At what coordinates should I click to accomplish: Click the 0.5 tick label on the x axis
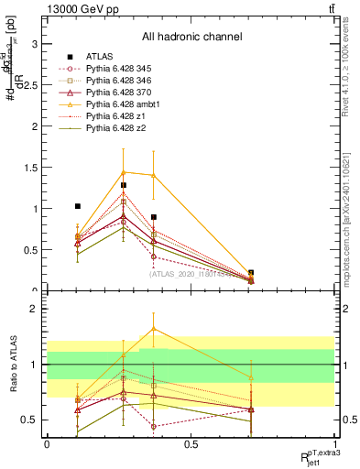click(x=191, y=445)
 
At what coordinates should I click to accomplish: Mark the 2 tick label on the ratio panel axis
click(x=34, y=310)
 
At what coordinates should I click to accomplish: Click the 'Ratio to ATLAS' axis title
click(x=12, y=365)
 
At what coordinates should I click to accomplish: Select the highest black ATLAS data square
click(x=123, y=185)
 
